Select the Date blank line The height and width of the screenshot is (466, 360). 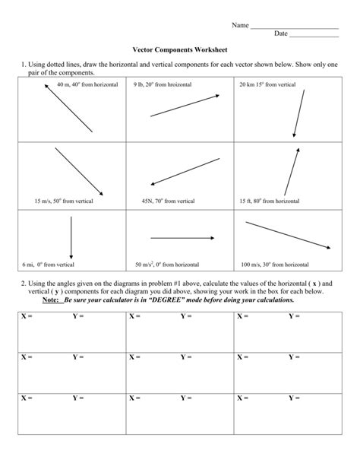click(x=314, y=35)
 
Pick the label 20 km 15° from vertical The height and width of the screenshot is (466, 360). click(x=267, y=84)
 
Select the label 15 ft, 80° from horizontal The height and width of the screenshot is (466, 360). click(x=269, y=201)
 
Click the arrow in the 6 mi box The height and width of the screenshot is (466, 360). click(x=71, y=238)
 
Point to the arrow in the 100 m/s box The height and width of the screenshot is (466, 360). click(x=288, y=234)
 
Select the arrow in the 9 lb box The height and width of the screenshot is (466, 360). click(x=185, y=106)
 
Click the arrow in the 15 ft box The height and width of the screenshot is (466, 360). click(x=292, y=172)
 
